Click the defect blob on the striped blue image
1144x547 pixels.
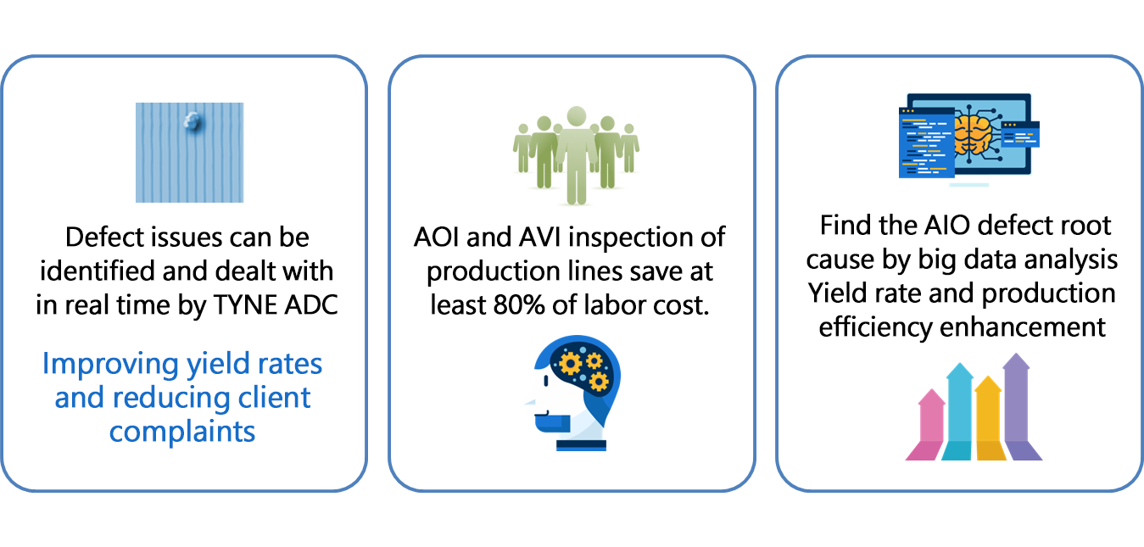[193, 122]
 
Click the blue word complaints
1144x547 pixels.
[181, 433]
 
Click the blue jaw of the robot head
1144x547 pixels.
[551, 423]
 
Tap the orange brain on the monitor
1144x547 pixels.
[973, 136]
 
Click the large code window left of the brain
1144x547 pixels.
[926, 142]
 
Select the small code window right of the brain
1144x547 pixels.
[1020, 134]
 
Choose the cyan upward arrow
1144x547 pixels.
[958, 411]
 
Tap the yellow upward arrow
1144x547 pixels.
[990, 418]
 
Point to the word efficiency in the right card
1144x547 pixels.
[875, 327]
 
